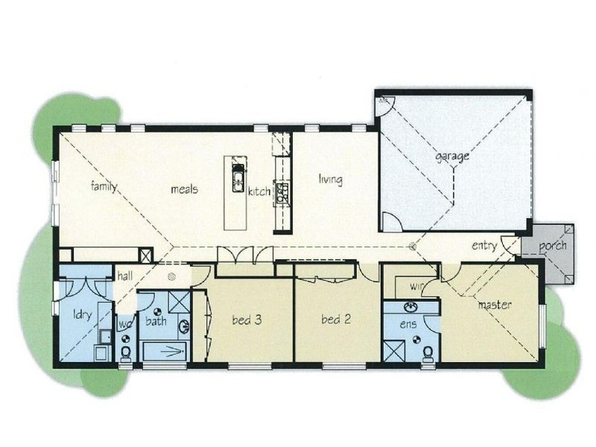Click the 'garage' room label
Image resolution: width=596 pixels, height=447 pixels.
point(453,156)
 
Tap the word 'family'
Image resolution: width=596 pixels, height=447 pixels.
point(105,186)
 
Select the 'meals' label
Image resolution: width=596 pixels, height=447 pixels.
point(184,189)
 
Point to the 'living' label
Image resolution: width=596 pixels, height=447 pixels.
point(330,180)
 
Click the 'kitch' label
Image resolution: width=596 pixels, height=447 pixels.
point(259,191)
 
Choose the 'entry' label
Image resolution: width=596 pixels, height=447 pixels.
point(485,245)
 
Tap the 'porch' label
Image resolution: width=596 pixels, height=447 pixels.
point(552,245)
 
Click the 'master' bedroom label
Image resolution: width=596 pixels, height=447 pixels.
point(495,305)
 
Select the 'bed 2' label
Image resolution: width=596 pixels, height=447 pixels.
point(335,320)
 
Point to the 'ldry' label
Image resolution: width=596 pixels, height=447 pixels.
point(81,314)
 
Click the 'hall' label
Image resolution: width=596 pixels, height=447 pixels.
point(124,276)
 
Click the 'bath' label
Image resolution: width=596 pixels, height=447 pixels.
point(155,322)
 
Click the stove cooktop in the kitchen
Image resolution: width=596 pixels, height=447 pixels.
point(282,193)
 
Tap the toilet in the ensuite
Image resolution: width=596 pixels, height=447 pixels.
point(428,351)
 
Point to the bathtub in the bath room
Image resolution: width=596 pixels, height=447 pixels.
point(164,352)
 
